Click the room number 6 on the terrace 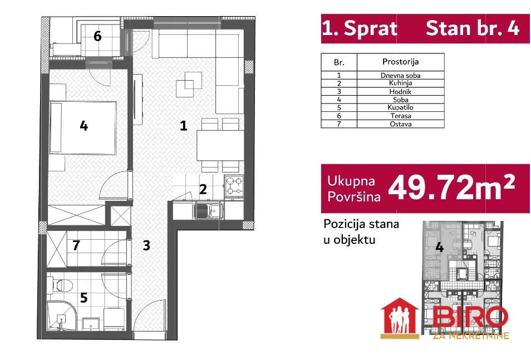(x=97, y=36)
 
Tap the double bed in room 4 (x=83, y=127)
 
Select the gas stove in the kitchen (x=234, y=186)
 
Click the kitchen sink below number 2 (x=208, y=211)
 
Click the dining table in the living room (x=220, y=146)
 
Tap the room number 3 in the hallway (x=146, y=245)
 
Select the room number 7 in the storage (x=76, y=245)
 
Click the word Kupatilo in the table (x=400, y=107)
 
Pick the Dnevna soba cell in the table (x=400, y=75)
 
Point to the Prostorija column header (x=400, y=62)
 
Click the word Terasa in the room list (x=400, y=116)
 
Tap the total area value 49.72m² (x=451, y=188)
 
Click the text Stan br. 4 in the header (x=473, y=28)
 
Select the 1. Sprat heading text (x=360, y=28)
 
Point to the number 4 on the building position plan (x=439, y=247)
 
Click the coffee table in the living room (x=189, y=85)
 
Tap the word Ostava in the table (x=400, y=124)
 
